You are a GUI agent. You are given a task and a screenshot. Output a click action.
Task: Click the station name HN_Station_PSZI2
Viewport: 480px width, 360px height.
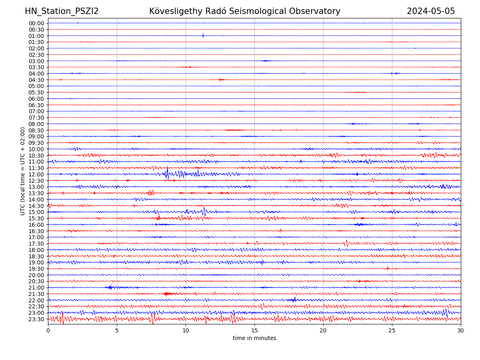click(62, 11)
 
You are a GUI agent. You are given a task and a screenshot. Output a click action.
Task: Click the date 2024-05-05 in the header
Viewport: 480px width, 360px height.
click(431, 11)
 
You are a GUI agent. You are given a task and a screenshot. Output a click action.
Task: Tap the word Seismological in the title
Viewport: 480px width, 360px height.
click(255, 11)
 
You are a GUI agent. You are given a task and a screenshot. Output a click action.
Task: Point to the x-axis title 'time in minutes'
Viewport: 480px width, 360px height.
click(254, 338)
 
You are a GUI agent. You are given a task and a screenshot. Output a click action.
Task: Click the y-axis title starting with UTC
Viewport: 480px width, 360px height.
click(23, 171)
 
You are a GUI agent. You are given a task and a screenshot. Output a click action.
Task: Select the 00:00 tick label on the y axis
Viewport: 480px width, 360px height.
click(36, 23)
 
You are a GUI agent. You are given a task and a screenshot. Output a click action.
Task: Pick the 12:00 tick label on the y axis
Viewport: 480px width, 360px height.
click(36, 174)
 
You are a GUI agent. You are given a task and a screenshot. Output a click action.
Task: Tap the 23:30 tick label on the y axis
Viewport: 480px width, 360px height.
click(36, 319)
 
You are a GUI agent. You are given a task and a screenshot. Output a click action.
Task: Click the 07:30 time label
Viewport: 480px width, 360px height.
click(36, 118)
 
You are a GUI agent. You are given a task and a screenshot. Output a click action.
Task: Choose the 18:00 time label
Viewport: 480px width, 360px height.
click(36, 250)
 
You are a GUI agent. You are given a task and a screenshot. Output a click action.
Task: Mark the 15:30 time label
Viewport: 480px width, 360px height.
click(36, 218)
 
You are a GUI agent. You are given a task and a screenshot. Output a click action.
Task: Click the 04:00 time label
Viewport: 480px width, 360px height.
click(36, 74)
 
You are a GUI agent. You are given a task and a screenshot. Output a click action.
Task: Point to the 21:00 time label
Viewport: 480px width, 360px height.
click(36, 288)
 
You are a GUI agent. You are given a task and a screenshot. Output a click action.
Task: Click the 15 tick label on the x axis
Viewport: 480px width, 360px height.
click(254, 330)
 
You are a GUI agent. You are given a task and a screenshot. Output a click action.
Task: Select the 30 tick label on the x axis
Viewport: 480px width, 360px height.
click(461, 330)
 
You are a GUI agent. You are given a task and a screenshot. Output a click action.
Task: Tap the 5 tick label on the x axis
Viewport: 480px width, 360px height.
click(117, 330)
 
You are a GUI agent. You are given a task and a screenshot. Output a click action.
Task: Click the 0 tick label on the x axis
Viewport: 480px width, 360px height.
click(48, 330)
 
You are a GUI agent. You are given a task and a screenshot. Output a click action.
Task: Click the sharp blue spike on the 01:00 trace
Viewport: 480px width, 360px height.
click(203, 35)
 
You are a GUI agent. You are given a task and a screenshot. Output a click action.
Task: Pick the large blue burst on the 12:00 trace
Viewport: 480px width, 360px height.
click(168, 174)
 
